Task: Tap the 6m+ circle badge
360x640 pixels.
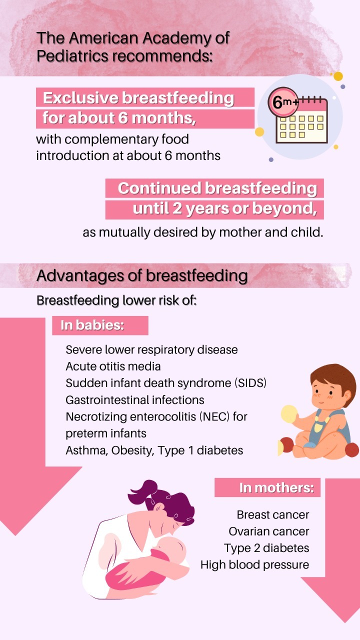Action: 283,102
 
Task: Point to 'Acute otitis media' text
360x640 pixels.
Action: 113,366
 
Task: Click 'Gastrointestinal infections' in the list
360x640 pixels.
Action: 135,400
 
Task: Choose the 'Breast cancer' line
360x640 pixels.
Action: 273,514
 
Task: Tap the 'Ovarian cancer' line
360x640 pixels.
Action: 269,531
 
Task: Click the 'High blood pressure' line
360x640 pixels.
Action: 255,565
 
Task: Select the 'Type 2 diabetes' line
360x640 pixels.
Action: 266,548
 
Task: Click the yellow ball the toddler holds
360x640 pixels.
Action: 289,413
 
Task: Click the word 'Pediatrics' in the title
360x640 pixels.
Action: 72,56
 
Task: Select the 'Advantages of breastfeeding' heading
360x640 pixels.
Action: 142,275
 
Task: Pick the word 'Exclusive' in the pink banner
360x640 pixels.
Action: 81,97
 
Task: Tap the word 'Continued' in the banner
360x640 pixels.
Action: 159,188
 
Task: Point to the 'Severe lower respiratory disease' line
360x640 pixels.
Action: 151,349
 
